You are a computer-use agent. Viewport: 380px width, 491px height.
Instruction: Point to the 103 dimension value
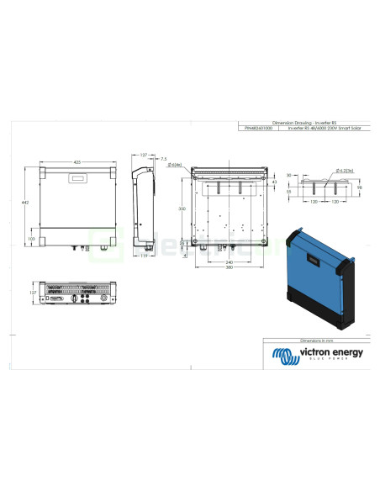(32, 239)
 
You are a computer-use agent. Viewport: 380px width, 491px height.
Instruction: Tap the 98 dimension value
(358, 187)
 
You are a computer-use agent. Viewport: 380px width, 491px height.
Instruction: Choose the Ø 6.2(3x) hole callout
(343, 171)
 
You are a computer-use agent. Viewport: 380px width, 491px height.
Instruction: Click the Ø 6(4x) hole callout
(177, 165)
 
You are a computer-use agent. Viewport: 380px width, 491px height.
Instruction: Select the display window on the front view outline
(78, 177)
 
